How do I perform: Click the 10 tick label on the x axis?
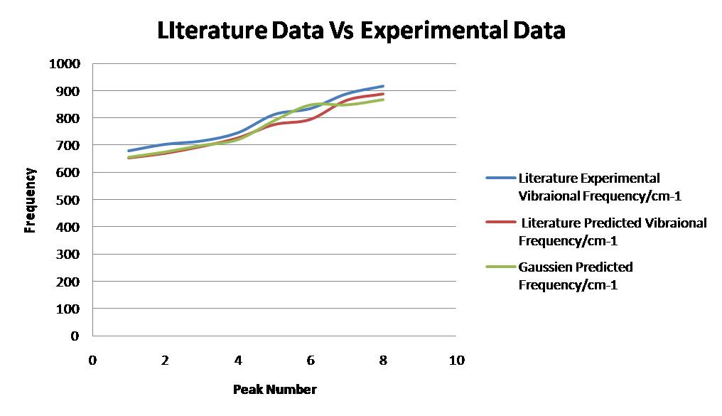[456, 360]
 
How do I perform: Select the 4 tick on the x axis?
[238, 360]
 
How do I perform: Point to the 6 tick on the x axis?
[311, 360]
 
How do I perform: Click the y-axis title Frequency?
[30, 200]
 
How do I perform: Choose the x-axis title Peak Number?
[274, 389]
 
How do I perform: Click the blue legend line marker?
[500, 178]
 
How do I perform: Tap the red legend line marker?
[500, 223]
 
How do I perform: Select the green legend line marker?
[500, 267]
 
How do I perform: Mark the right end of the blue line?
[383, 86]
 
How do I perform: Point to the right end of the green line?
[383, 100]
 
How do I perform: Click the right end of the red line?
[383, 94]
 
